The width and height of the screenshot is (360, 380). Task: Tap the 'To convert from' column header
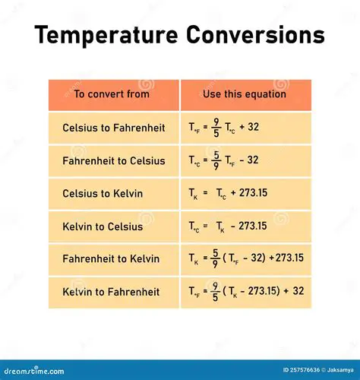[112, 94]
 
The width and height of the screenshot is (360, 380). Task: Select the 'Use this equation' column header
[245, 94]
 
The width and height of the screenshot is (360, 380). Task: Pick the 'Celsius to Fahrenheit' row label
[114, 128]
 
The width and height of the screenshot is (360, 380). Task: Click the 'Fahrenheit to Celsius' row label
[114, 160]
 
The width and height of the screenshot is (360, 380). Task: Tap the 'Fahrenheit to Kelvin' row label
[111, 258]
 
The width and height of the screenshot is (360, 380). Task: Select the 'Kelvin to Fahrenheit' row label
[111, 291]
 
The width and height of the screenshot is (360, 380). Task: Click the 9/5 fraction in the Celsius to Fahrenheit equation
[216, 128]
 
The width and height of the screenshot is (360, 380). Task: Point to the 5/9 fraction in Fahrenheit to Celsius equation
[216, 160]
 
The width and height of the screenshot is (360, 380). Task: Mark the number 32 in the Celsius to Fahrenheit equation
[253, 127]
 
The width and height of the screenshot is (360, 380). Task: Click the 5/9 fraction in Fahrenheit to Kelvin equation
[215, 258]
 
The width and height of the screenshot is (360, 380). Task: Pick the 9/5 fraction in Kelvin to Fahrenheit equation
[215, 291]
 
